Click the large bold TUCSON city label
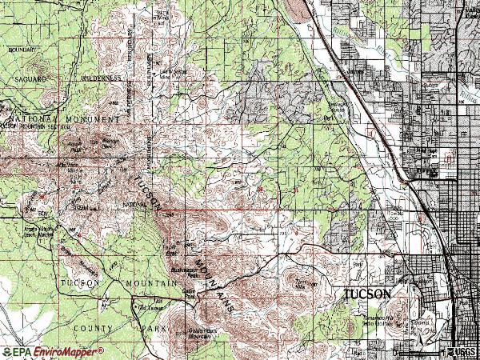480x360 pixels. [367, 294]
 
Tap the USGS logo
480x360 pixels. [462, 352]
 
